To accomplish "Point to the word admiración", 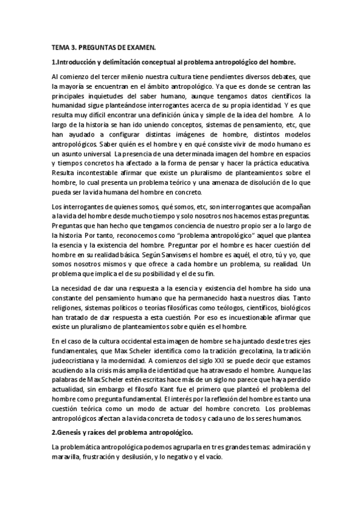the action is pyautogui.click(x=280, y=447).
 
